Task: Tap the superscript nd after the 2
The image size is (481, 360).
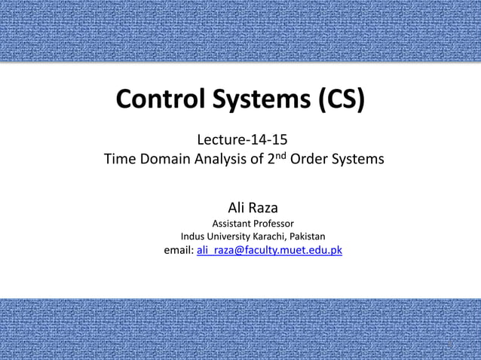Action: [x=280, y=156]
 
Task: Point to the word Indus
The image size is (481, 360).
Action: [x=194, y=236]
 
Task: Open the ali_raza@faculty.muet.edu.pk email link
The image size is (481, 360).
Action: [x=269, y=251]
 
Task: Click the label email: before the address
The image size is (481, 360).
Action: [x=179, y=251]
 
